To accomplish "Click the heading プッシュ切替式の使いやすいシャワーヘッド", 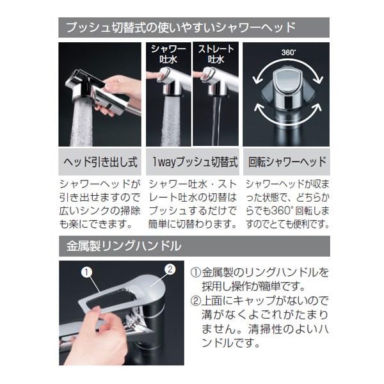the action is point(180,27).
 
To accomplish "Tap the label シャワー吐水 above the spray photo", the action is point(168,54).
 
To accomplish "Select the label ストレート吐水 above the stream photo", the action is point(216,54).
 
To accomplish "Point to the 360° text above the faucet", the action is point(288,52).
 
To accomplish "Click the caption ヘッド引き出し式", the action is point(100,162).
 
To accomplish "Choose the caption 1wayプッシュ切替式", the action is point(195,162).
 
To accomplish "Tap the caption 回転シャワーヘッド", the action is point(287,162).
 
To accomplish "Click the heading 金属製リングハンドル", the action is point(124,246).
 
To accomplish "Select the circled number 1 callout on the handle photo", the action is point(86,272).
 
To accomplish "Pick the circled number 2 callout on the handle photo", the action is point(170,269).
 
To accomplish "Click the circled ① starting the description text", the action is point(195,273).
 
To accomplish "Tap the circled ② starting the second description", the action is point(195,301).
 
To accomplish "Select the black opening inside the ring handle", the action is point(108,298).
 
